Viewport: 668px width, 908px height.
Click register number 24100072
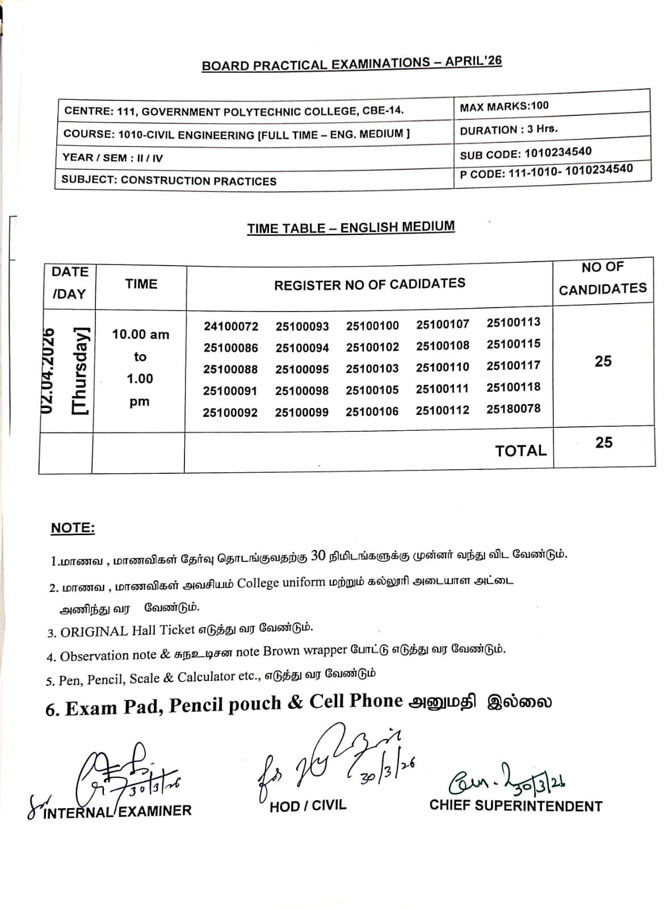tap(231, 326)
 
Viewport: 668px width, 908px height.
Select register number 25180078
tap(513, 409)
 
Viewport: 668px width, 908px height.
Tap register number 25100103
tap(372, 369)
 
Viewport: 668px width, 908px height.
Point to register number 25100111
tap(442, 389)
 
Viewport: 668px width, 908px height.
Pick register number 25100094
tap(302, 348)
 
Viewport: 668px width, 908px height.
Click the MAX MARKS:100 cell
tap(504, 106)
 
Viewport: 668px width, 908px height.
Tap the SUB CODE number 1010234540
tap(558, 152)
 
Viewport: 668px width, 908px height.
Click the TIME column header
tap(141, 284)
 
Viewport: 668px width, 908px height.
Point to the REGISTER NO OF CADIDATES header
tap(369, 284)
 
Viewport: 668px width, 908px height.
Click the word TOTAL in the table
tap(520, 451)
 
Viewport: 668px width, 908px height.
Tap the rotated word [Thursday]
tap(80, 371)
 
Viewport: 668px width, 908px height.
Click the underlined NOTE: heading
tap(73, 528)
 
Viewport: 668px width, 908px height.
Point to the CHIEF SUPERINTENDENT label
tap(515, 806)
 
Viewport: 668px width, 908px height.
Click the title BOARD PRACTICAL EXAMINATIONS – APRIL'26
tap(352, 63)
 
